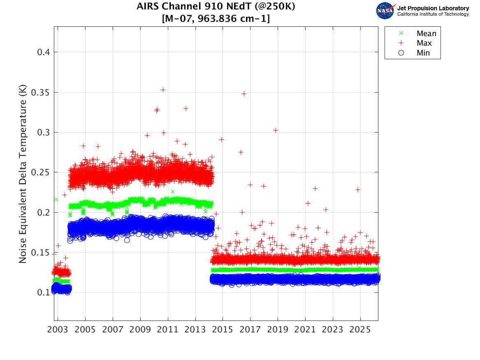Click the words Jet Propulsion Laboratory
click(x=433, y=8)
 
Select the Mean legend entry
click(x=426, y=34)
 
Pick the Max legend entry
click(x=424, y=43)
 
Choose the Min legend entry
click(x=423, y=53)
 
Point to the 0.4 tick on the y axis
click(x=43, y=52)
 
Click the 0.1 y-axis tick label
click(x=43, y=293)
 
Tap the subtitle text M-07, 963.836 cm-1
click(x=216, y=19)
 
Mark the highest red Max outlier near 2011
click(x=163, y=90)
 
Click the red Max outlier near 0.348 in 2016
click(x=244, y=94)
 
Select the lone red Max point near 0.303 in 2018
click(x=276, y=130)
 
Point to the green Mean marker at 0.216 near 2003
click(x=56, y=200)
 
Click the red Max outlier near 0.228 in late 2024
click(x=358, y=190)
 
